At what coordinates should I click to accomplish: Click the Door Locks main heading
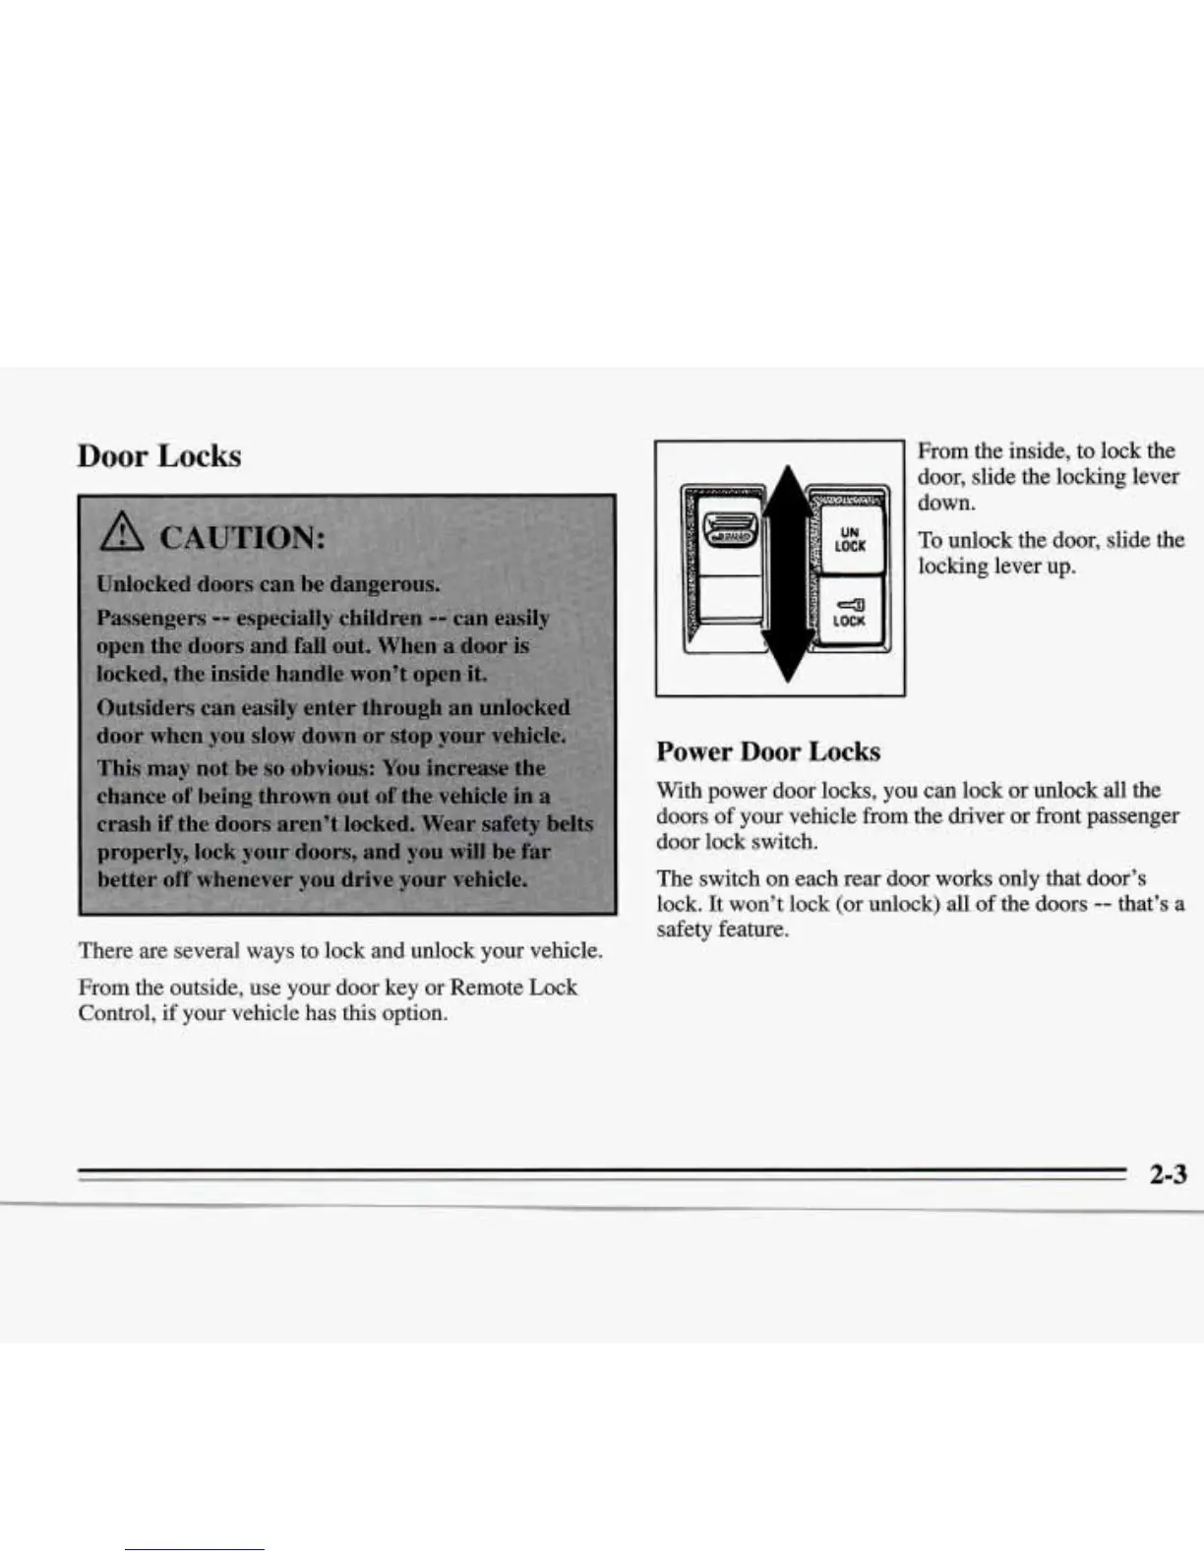[x=159, y=456]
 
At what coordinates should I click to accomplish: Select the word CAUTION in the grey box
[x=240, y=538]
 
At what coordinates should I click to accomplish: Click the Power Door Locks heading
[x=767, y=751]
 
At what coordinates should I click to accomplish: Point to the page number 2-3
[x=1166, y=1173]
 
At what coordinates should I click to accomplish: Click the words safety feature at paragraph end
[x=722, y=929]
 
